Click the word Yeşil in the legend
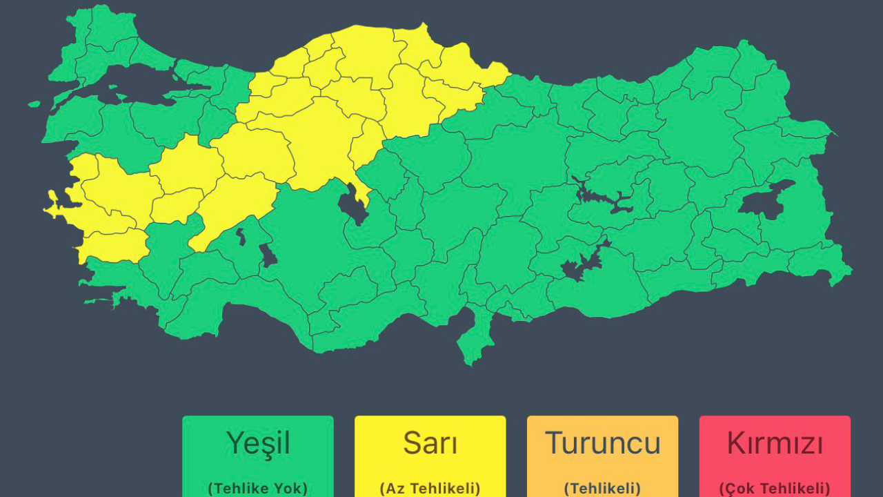[x=258, y=443]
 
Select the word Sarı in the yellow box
[x=430, y=443]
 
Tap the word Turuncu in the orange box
[x=602, y=443]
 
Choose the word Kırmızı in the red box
[x=775, y=443]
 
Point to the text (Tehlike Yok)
[x=258, y=488]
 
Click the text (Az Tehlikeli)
[x=430, y=488]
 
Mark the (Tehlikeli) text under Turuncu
[x=602, y=488]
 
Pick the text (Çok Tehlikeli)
[x=775, y=488]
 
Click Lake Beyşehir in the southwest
[x=268, y=256]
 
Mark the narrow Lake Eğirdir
[x=241, y=237]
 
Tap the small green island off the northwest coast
[x=34, y=104]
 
